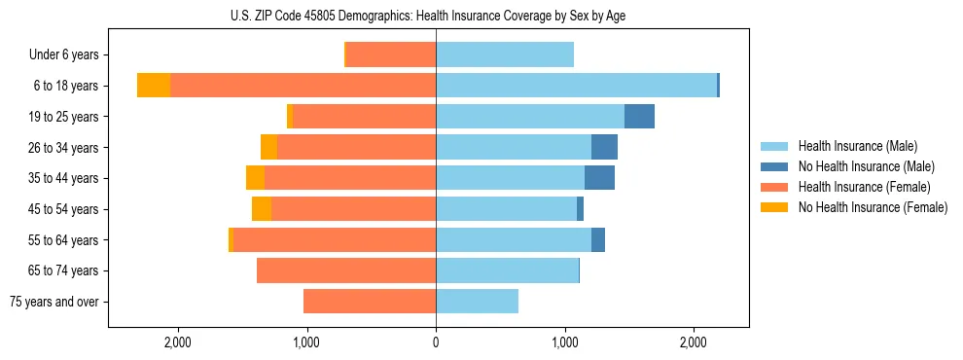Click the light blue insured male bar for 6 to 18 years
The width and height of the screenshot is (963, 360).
tap(576, 86)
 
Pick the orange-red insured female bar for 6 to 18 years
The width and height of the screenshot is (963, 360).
tap(303, 86)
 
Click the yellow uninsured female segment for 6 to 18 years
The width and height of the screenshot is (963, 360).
tap(154, 86)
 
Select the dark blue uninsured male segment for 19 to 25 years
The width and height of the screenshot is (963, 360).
tap(639, 117)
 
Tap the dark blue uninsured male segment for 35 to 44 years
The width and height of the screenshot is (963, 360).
tap(599, 178)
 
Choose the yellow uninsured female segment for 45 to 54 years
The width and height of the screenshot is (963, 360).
tap(262, 209)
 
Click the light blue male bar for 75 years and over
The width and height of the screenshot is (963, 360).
tap(477, 302)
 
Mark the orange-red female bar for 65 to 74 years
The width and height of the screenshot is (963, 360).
tap(346, 270)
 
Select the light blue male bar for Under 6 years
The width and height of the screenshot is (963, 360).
tap(505, 55)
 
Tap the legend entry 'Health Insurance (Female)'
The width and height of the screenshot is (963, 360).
tap(864, 187)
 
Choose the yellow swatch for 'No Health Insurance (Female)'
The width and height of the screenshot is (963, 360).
tap(774, 207)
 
